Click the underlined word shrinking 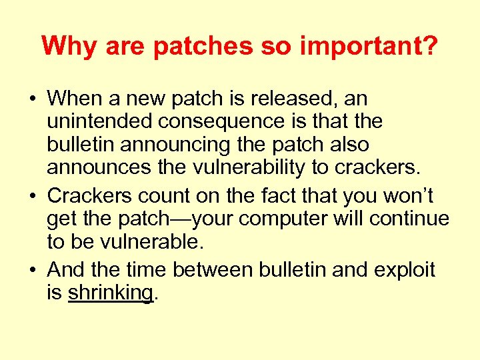(x=111, y=293)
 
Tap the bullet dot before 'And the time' (x=33, y=271)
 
